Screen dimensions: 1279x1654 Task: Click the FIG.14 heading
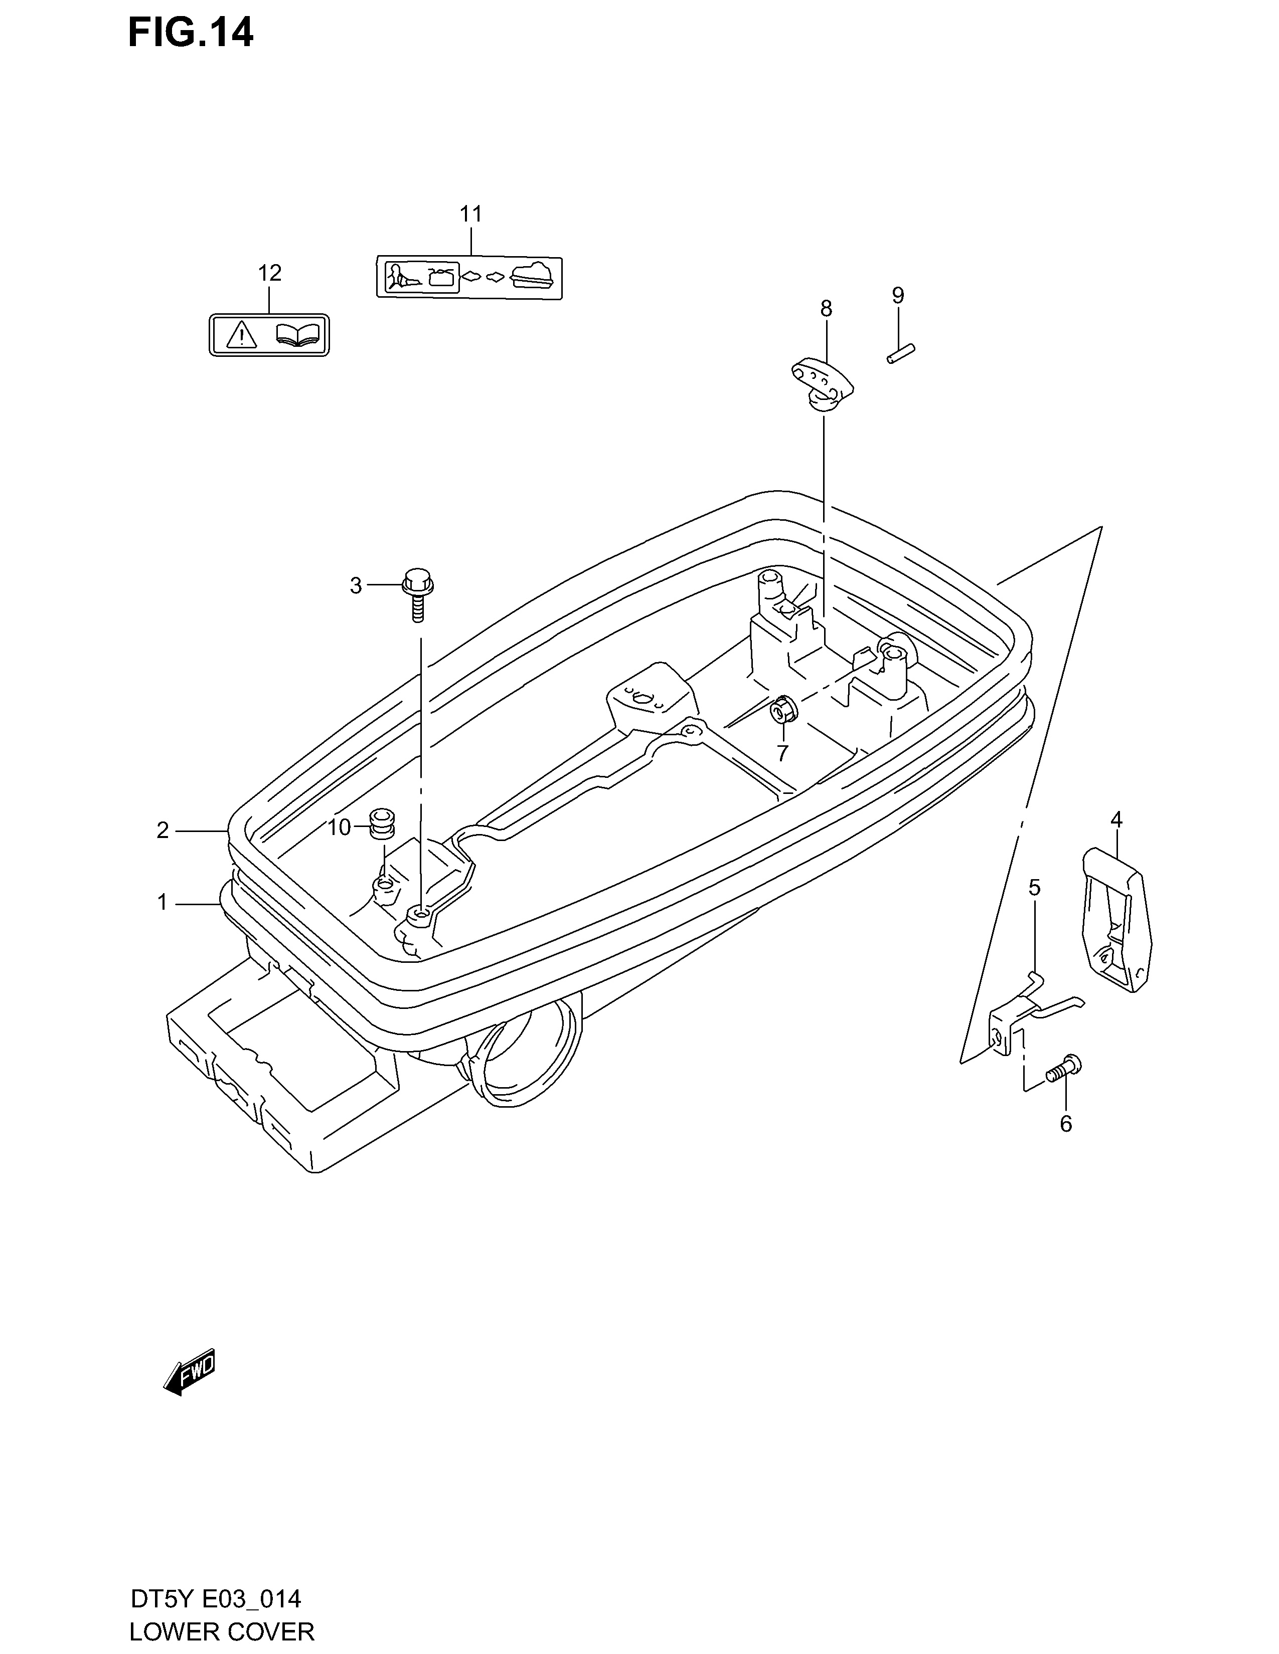coord(190,33)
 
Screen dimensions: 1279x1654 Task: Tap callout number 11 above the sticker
coord(470,215)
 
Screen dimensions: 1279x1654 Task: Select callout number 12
coord(270,273)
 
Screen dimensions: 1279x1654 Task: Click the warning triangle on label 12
coord(239,334)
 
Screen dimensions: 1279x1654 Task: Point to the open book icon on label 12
coord(298,334)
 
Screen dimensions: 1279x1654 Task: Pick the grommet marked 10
coord(382,823)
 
